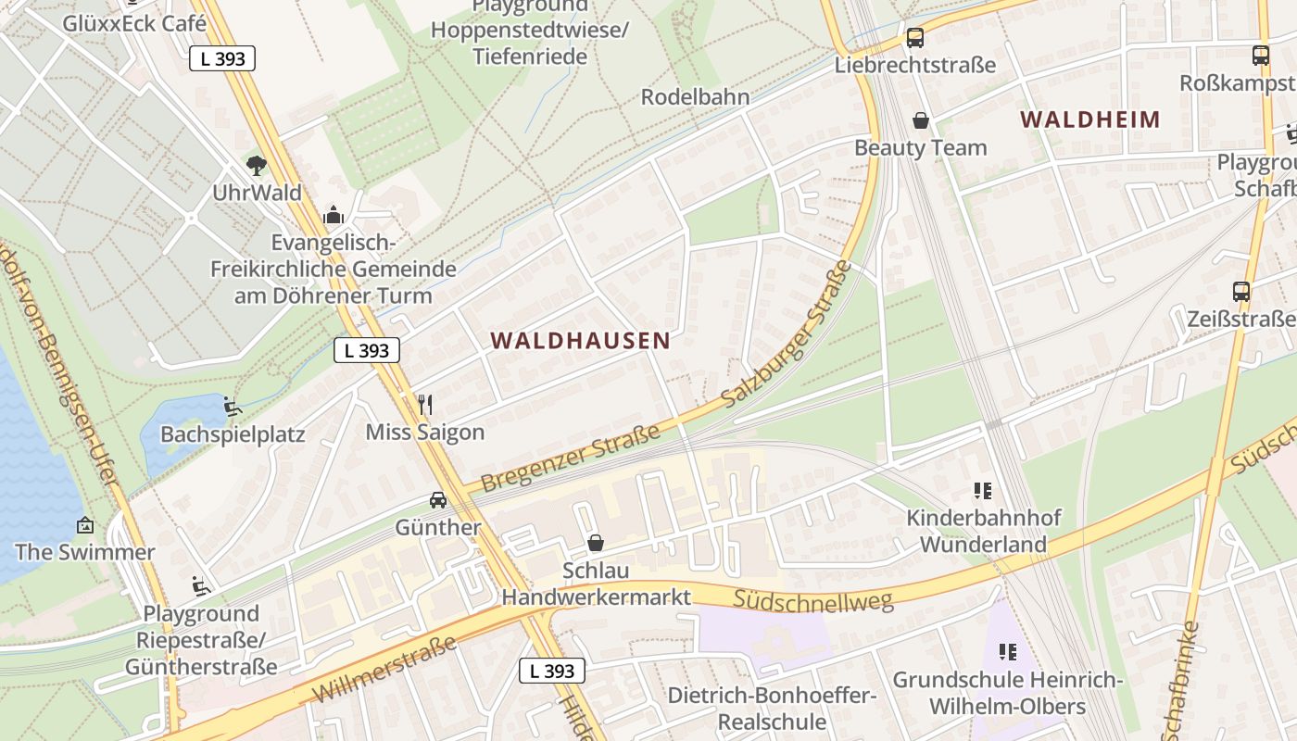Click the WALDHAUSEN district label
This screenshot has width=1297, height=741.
580,341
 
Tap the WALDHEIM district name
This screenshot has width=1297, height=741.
1090,119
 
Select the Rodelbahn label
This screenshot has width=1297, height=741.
696,97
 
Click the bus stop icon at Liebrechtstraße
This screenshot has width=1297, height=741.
915,38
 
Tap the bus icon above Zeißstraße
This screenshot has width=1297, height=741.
1241,292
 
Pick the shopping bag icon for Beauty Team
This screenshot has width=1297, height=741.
921,120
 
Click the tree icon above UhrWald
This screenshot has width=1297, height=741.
256,166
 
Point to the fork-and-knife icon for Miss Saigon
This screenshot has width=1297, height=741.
425,405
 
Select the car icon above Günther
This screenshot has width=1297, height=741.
438,500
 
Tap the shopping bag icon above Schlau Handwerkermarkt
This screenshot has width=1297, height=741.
596,543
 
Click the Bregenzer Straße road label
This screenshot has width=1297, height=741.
571,458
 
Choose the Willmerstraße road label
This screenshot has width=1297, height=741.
384,670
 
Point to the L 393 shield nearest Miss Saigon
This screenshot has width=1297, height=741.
367,350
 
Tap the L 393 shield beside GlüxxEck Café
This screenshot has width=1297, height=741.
222,58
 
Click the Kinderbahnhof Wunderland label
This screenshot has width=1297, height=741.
983,531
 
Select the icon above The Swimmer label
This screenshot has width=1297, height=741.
84,525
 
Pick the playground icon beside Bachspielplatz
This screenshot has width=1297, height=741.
233,407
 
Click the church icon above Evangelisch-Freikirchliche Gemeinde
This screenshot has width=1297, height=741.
334,216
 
